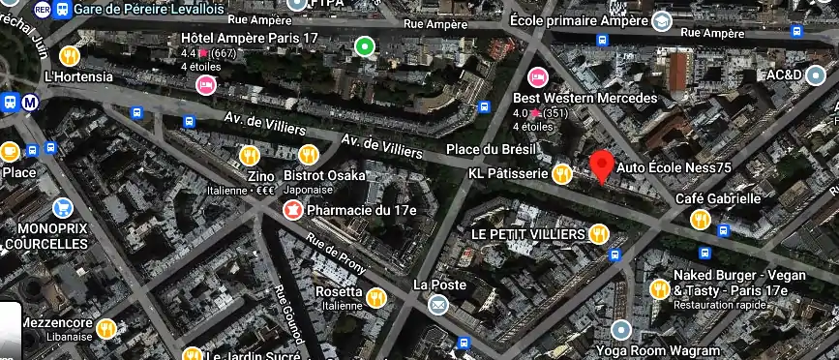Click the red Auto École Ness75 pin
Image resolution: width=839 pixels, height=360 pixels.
click(x=602, y=165)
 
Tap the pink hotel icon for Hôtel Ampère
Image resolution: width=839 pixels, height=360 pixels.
click(x=205, y=85)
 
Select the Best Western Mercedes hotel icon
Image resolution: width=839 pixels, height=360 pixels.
click(x=536, y=77)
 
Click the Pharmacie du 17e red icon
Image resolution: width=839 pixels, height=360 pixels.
click(x=291, y=209)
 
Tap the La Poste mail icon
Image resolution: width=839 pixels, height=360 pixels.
click(x=438, y=305)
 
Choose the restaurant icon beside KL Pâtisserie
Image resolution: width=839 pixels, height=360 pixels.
click(x=561, y=174)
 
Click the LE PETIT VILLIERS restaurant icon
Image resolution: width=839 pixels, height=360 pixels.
click(x=599, y=233)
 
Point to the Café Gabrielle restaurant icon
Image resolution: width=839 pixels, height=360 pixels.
click(x=700, y=220)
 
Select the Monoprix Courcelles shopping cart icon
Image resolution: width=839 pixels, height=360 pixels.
click(x=64, y=207)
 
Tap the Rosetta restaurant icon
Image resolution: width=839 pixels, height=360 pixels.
click(x=375, y=296)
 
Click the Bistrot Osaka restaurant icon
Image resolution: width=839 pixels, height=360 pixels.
click(x=309, y=155)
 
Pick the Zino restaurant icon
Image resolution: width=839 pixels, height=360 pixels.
click(x=250, y=155)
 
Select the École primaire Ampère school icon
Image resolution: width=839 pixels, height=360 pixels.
click(x=662, y=20)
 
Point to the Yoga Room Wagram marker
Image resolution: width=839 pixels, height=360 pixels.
click(x=621, y=330)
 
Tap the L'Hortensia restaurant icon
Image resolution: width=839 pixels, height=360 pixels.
click(x=70, y=55)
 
